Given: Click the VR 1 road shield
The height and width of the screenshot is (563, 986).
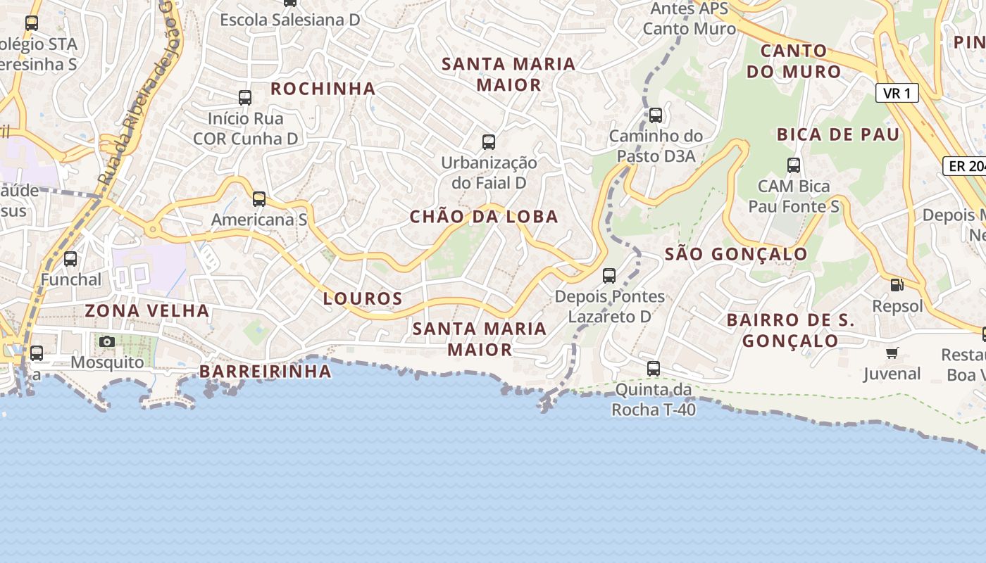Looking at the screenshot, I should tap(897, 93).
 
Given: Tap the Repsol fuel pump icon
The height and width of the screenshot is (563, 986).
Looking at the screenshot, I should tap(897, 285).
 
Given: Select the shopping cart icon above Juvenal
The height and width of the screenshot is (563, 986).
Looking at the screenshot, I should tap(892, 353).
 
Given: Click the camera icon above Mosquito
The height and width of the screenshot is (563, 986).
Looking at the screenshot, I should tap(107, 342).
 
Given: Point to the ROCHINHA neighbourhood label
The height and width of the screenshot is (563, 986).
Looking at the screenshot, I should tap(323, 89).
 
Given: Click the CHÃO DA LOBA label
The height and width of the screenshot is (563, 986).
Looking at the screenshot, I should tap(484, 217).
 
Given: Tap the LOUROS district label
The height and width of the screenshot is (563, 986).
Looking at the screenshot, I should tap(363, 298).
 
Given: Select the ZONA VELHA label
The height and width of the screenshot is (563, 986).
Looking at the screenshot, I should tap(147, 310).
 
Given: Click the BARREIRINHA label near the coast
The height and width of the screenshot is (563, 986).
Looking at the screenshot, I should tap(266, 372).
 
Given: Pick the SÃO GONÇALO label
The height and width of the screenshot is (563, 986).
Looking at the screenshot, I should tap(737, 254).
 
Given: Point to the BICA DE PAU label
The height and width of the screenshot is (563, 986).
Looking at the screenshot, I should tap(838, 134).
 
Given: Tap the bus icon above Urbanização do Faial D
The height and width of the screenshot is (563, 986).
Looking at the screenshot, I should tap(489, 142).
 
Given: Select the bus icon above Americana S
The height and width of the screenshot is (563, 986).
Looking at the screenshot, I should tap(259, 199).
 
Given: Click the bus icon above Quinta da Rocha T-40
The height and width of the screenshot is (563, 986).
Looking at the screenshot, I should tap(654, 368).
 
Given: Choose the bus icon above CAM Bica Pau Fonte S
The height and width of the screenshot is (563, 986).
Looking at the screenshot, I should tap(794, 165).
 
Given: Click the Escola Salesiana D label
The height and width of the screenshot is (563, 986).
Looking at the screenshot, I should tap(290, 20).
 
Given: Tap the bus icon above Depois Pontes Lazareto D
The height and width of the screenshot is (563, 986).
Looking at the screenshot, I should tap(609, 276).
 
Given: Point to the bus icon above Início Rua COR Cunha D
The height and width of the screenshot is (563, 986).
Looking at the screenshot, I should tap(245, 98).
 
